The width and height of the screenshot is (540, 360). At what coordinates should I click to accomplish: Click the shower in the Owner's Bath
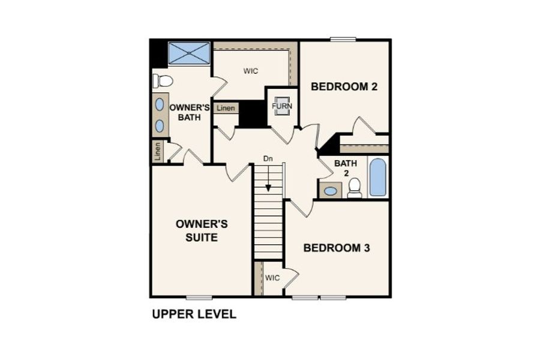pos(189,53)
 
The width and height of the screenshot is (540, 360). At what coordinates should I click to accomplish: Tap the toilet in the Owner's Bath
pos(163,81)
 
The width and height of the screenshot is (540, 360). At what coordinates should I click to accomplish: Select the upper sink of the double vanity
pos(160,104)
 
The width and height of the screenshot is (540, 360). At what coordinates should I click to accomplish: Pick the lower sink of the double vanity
pos(160,126)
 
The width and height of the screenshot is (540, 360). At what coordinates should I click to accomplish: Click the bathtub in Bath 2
pos(378,178)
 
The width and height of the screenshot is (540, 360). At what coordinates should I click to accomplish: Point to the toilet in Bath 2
pos(355,188)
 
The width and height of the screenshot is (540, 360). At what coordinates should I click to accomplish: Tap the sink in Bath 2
pos(331,191)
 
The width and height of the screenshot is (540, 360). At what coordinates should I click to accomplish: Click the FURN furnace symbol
pos(282,106)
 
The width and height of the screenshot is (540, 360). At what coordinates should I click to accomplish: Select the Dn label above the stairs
pos(268,159)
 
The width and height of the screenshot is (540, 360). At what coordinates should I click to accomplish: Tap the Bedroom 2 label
pos(344,86)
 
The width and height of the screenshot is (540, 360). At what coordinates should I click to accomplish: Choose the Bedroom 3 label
pos(337,248)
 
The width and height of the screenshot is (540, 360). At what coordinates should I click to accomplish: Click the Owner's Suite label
pos(202,230)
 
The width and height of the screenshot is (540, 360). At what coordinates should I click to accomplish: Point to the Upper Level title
pos(194,314)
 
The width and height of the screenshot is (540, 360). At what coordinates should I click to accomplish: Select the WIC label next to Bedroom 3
pos(272,278)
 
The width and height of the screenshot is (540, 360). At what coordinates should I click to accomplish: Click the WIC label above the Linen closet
pos(251,71)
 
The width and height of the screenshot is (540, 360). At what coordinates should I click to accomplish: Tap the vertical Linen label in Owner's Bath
pos(158,152)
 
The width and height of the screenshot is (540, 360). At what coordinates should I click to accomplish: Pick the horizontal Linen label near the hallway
pos(226,108)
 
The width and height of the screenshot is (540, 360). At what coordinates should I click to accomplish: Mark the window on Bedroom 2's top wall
pos(343,39)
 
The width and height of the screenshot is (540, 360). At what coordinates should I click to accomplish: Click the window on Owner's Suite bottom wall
pos(199,298)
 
